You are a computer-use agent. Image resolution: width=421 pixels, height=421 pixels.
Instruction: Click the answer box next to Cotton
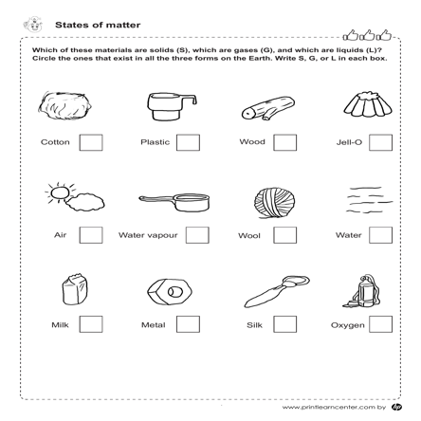(92, 143)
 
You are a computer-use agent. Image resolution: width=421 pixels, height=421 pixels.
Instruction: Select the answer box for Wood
(285, 143)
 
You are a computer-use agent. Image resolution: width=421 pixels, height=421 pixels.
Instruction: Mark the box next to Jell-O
(381, 143)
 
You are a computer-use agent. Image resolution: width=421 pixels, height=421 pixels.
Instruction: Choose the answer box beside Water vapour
(198, 235)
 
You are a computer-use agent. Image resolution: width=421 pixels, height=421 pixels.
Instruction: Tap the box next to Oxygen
(381, 324)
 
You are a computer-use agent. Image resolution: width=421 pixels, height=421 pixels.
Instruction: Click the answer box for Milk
(92, 324)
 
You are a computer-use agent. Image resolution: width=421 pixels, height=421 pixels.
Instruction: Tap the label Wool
(249, 235)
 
